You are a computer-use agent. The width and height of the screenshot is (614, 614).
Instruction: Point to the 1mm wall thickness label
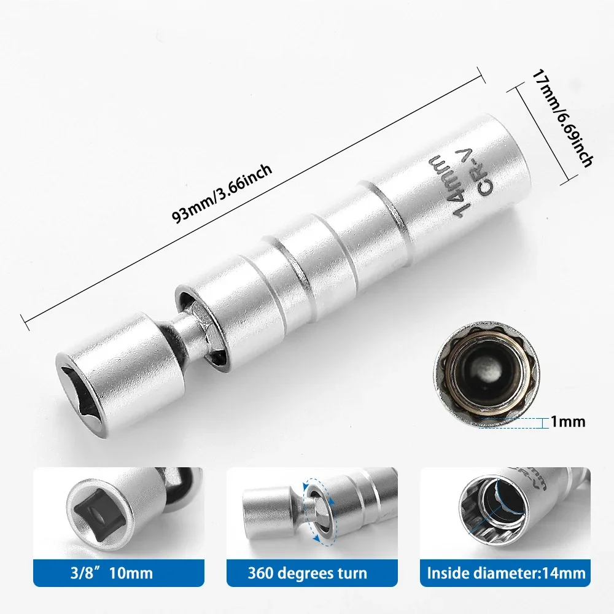click(568, 422)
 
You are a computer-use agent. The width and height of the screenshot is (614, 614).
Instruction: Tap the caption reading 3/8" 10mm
click(112, 574)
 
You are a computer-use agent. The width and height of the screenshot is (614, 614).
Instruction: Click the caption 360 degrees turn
click(307, 574)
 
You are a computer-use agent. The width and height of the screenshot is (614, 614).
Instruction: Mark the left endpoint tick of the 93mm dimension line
click(23, 321)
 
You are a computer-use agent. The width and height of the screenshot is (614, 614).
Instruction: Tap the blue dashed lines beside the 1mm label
click(513, 422)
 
